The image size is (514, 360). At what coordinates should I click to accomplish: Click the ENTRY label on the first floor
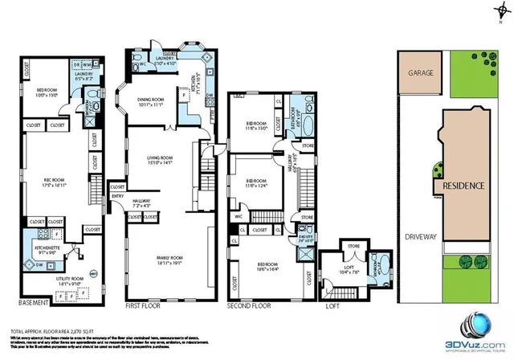click(117, 195)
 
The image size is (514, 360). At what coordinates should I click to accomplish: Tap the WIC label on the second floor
click(239, 216)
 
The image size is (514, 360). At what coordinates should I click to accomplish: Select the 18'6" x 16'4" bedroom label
click(267, 267)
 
